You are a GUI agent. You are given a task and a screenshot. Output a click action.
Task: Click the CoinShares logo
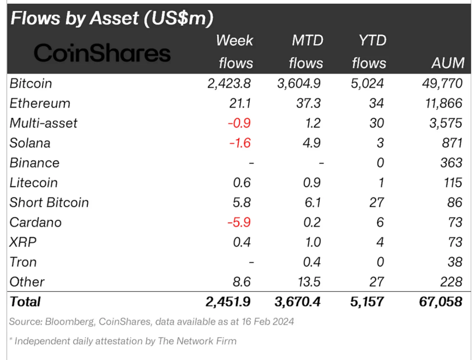click(102, 53)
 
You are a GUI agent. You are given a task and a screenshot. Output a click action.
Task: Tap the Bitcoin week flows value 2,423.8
click(230, 83)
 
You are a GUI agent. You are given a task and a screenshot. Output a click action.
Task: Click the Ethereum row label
click(40, 103)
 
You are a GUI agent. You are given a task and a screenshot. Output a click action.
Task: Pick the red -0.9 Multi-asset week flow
click(239, 123)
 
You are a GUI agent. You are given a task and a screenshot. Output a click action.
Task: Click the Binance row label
click(34, 163)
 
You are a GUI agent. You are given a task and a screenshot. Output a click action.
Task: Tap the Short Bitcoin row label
click(49, 202)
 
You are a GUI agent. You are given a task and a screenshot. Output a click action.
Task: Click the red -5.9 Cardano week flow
click(239, 223)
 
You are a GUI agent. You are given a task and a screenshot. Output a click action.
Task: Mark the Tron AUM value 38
click(454, 262)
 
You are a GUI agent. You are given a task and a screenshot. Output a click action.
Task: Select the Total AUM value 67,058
click(440, 301)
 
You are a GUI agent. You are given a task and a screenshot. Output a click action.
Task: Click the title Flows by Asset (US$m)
click(112, 18)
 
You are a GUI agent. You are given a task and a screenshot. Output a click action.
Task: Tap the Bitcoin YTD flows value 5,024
click(368, 83)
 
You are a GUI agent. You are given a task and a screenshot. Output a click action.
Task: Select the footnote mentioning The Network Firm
click(123, 341)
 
